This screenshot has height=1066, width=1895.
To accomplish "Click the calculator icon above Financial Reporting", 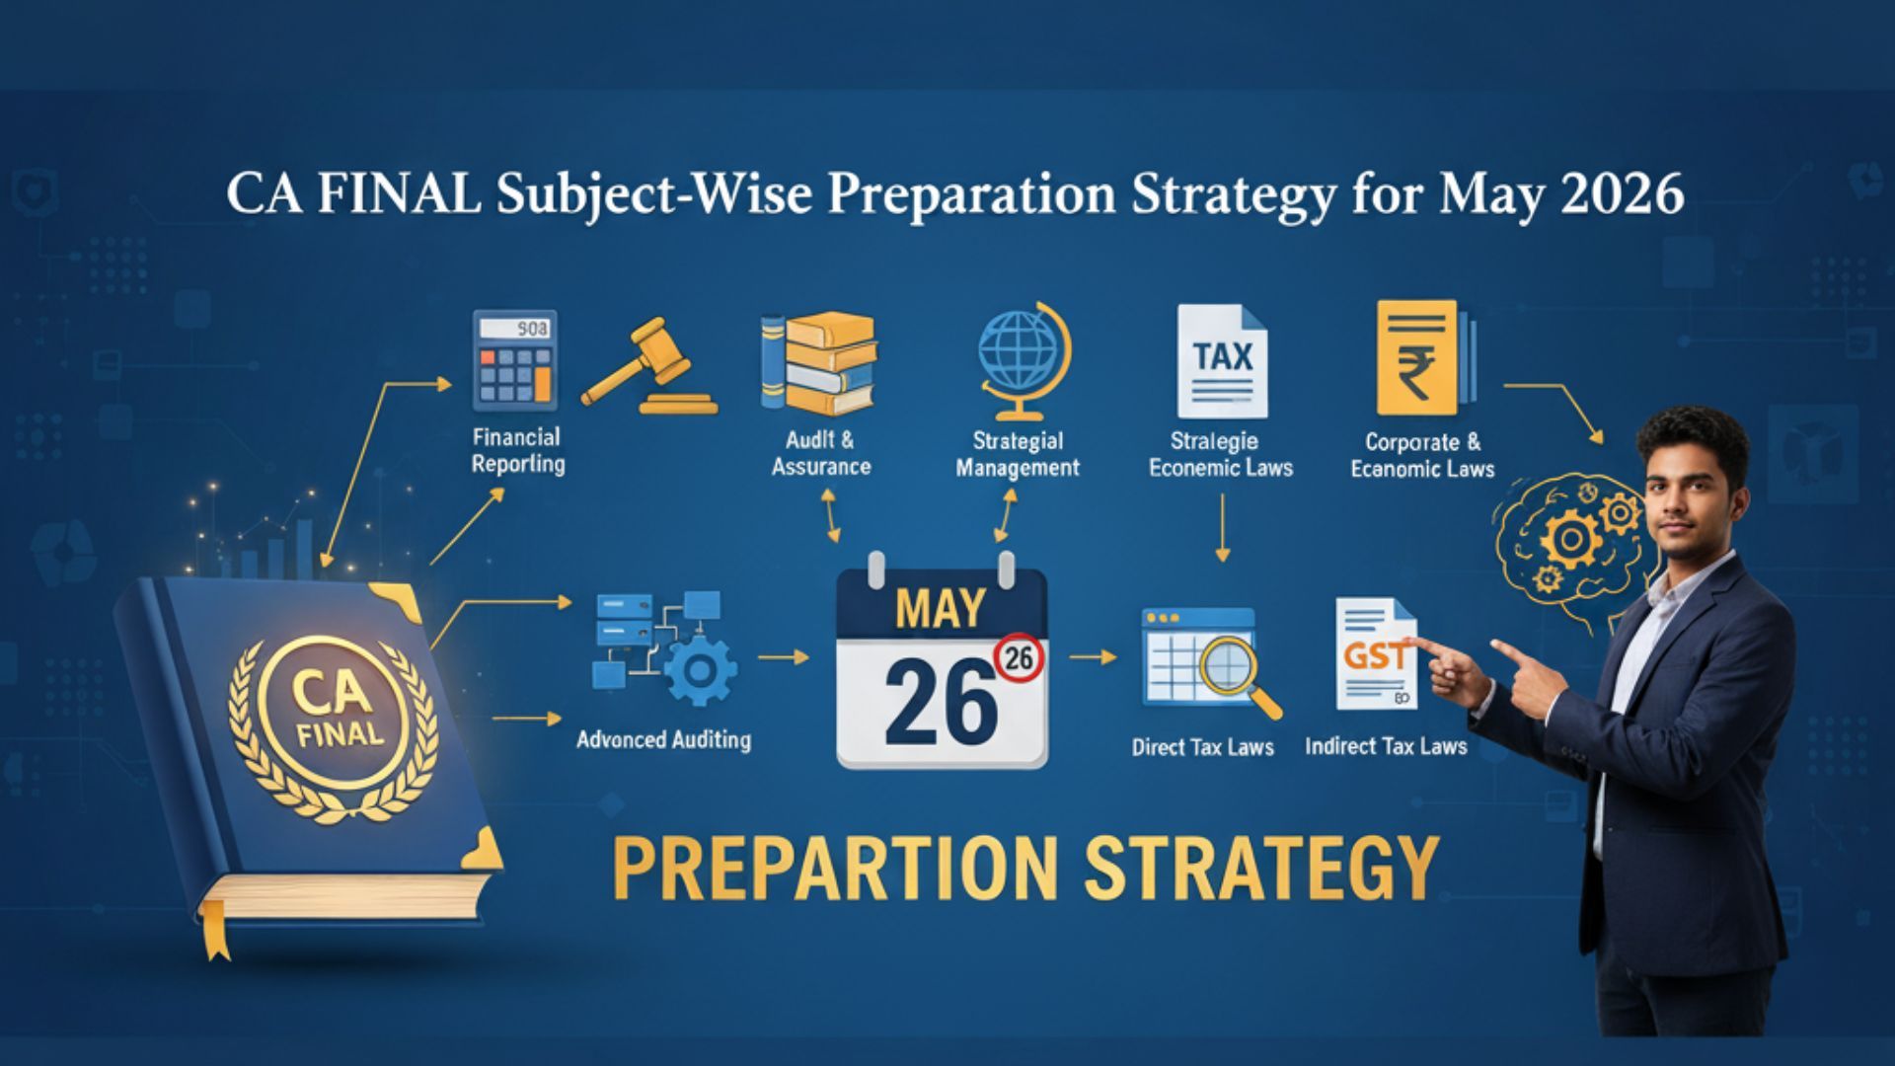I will pyautogui.click(x=514, y=360).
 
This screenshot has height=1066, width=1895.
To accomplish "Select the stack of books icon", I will pyautogui.click(x=818, y=363).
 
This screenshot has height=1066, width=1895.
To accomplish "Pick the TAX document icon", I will pyautogui.click(x=1222, y=361).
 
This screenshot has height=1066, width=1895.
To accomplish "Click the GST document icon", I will pyautogui.click(x=1376, y=653).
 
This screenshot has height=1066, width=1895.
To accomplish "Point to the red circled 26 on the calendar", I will pyautogui.click(x=1020, y=657).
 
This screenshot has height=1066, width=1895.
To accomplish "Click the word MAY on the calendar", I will pyautogui.click(x=940, y=609).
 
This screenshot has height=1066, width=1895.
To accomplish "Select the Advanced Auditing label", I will pyautogui.click(x=663, y=740).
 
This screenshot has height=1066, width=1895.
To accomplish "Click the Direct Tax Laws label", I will pyautogui.click(x=1202, y=747).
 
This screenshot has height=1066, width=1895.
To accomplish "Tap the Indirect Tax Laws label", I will pyautogui.click(x=1386, y=746).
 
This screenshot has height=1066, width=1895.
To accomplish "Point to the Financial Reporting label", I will pyautogui.click(x=517, y=450).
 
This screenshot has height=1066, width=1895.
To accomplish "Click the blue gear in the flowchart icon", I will pyautogui.click(x=699, y=671).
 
